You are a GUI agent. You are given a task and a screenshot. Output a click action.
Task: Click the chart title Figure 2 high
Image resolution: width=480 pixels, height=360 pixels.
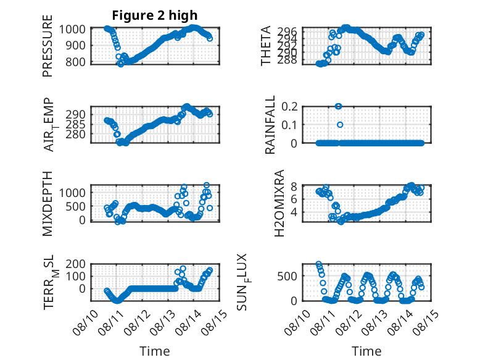pyautogui.click(x=155, y=15)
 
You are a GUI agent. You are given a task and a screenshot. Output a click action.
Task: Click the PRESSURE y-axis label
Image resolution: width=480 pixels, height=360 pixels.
pyautogui.click(x=48, y=46)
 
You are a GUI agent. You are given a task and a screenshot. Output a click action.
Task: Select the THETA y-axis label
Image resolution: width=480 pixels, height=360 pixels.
pyautogui.click(x=266, y=46)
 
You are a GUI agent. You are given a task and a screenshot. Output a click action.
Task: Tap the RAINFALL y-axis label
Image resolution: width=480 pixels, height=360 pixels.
pyautogui.click(x=270, y=124)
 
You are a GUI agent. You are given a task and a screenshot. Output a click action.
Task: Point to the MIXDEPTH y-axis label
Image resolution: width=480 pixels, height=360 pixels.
pyautogui.click(x=48, y=203)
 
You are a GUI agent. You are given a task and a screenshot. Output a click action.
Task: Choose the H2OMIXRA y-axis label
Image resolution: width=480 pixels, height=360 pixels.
pyautogui.click(x=279, y=203)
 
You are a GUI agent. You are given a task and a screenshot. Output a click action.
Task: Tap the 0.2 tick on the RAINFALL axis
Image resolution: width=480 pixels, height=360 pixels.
pyautogui.click(x=289, y=106)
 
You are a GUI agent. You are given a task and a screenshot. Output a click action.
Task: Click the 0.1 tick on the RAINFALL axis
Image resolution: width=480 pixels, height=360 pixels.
pyautogui.click(x=289, y=125)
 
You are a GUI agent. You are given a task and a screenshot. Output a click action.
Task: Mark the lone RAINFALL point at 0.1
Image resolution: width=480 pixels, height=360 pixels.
pyautogui.click(x=340, y=125)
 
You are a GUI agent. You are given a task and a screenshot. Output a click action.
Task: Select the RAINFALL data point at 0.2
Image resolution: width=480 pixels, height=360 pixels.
pyautogui.click(x=338, y=106)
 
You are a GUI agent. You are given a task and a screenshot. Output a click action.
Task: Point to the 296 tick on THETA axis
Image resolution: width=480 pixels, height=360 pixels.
pyautogui.click(x=289, y=31)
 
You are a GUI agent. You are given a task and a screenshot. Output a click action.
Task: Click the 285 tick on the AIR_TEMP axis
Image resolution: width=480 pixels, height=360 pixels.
pyautogui.click(x=75, y=124)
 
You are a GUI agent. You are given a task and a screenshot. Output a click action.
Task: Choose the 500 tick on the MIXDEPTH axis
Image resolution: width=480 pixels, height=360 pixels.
pyautogui.click(x=75, y=206)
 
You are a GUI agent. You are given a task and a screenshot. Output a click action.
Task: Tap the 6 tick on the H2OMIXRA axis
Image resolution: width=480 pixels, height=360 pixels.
pyautogui.click(x=294, y=199)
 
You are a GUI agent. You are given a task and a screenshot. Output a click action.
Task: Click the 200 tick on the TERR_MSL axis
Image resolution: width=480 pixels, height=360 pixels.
pyautogui.click(x=75, y=264)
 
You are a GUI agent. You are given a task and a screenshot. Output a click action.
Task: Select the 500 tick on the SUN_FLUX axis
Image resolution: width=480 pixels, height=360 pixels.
pyautogui.click(x=287, y=276)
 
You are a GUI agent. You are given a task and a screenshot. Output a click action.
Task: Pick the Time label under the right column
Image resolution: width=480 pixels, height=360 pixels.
pyautogui.click(x=366, y=351)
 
